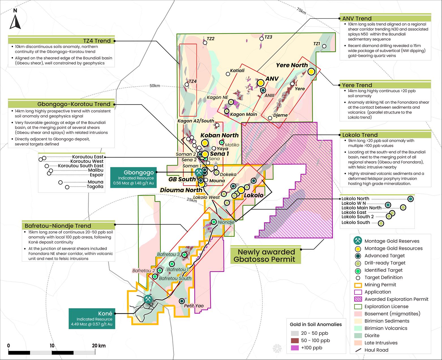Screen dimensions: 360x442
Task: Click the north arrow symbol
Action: pos(15,19)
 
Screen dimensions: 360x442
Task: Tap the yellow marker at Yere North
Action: pos(311,72)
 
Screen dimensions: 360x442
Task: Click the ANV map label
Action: pos(272,79)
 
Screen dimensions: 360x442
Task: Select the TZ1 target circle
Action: pos(324,46)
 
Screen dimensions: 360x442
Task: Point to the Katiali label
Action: pos(237,70)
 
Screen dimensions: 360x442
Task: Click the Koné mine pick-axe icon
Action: pos(148,299)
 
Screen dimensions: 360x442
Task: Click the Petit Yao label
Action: pos(194,306)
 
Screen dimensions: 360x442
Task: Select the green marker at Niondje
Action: pos(214,222)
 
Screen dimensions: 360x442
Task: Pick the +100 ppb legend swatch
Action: pos(295,348)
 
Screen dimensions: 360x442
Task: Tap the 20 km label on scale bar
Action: pos(98,346)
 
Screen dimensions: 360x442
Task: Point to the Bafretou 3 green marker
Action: pos(184,255)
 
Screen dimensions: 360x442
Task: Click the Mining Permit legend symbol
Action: pos(358,285)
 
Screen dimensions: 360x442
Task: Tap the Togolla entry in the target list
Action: pos(95,187)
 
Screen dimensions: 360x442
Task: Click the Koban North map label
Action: pos(220,135)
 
